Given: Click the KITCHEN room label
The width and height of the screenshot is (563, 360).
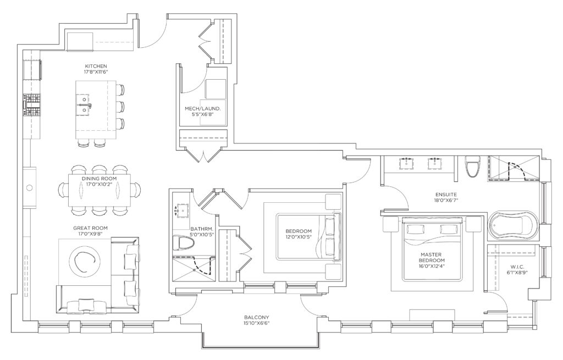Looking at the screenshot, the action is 96,66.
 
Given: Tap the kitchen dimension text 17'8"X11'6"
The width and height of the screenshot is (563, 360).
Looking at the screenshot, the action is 96,72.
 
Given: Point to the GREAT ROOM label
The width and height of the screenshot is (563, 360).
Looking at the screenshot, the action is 90,228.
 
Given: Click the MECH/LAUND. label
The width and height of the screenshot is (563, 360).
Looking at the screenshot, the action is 202,108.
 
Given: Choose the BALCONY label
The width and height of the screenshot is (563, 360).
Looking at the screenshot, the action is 256,317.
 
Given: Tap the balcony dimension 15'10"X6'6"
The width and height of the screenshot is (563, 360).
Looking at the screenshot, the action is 256,323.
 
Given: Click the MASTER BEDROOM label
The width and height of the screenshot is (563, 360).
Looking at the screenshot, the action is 432,257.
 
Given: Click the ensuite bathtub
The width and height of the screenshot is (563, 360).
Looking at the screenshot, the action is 513,225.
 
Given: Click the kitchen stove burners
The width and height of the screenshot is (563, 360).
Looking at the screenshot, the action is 32,105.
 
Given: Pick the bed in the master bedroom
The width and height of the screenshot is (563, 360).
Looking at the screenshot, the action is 432,249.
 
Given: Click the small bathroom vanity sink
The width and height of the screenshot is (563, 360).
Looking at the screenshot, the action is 183,209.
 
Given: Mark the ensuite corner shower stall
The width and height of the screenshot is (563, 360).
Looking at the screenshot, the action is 513,168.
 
